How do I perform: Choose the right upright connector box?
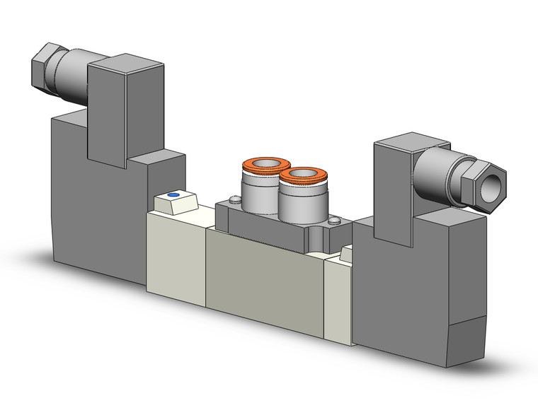(393, 187)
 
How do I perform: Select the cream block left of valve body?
(175, 255)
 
